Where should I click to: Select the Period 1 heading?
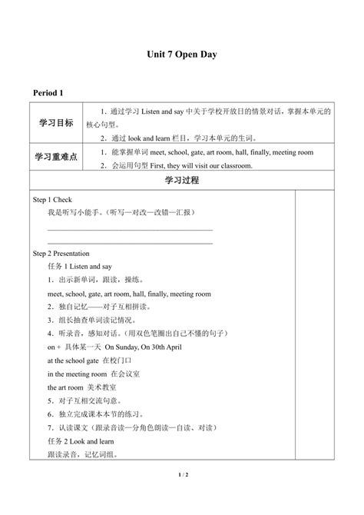pyautogui.click(x=48, y=93)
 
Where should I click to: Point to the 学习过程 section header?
pyautogui.click(x=181, y=181)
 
